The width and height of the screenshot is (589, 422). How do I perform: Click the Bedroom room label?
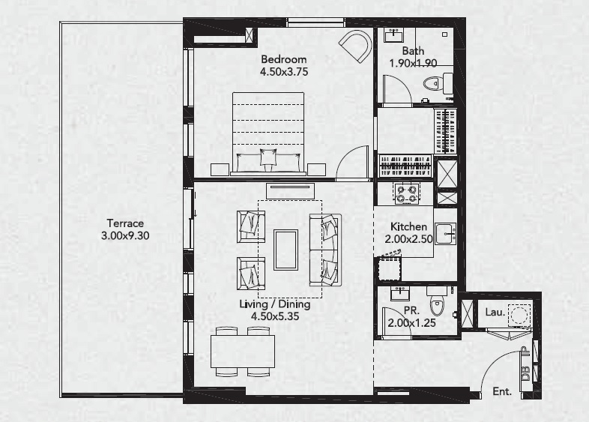(283, 59)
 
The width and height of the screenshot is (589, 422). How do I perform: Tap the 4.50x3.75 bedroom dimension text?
(283, 72)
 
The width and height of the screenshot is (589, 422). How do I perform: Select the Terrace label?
(124, 223)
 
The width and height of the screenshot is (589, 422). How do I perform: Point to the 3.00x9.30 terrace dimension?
(124, 235)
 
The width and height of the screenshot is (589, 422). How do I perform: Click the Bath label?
(413, 51)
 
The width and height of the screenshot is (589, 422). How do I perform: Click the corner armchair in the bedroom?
(355, 46)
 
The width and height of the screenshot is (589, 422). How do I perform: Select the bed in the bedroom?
(268, 133)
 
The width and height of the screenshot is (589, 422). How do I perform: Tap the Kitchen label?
(409, 226)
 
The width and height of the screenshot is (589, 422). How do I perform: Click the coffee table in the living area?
(286, 249)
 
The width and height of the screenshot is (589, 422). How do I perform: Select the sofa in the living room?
(325, 249)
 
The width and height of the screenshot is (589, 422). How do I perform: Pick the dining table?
(242, 351)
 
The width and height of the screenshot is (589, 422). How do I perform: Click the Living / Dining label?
(274, 304)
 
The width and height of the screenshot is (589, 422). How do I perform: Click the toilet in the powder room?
(437, 306)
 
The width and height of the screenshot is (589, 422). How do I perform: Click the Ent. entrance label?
(501, 391)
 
